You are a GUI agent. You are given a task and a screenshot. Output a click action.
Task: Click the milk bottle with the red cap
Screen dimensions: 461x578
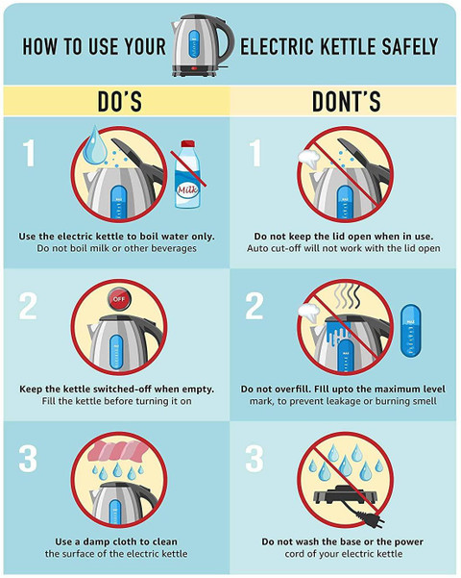pyautogui.click(x=187, y=174)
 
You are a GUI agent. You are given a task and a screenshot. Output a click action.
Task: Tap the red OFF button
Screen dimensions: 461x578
pyautogui.click(x=118, y=298)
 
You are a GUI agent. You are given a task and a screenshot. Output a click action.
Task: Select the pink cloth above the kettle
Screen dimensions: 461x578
pyautogui.click(x=117, y=451)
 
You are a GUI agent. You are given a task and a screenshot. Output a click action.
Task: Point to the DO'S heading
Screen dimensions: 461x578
pyautogui.click(x=120, y=101)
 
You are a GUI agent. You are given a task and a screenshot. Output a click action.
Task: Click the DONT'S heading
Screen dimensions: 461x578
pyautogui.click(x=346, y=101)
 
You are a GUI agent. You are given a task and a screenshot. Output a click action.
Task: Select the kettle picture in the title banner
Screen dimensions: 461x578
pyautogui.click(x=203, y=45)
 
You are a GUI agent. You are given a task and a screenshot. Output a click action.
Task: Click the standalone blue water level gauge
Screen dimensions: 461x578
pyautogui.click(x=410, y=330)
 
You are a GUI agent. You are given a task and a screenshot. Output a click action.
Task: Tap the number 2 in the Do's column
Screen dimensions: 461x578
pyautogui.click(x=28, y=306)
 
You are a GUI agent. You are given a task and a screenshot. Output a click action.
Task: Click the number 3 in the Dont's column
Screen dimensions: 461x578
pyautogui.click(x=255, y=459)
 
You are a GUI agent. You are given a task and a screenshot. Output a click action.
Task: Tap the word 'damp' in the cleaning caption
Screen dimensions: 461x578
pyautogui.click(x=96, y=541)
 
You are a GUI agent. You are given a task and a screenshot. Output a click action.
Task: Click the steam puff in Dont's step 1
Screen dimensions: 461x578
pyautogui.click(x=308, y=159)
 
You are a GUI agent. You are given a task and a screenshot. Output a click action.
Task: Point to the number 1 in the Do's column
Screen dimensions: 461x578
pyautogui.click(x=29, y=153)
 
